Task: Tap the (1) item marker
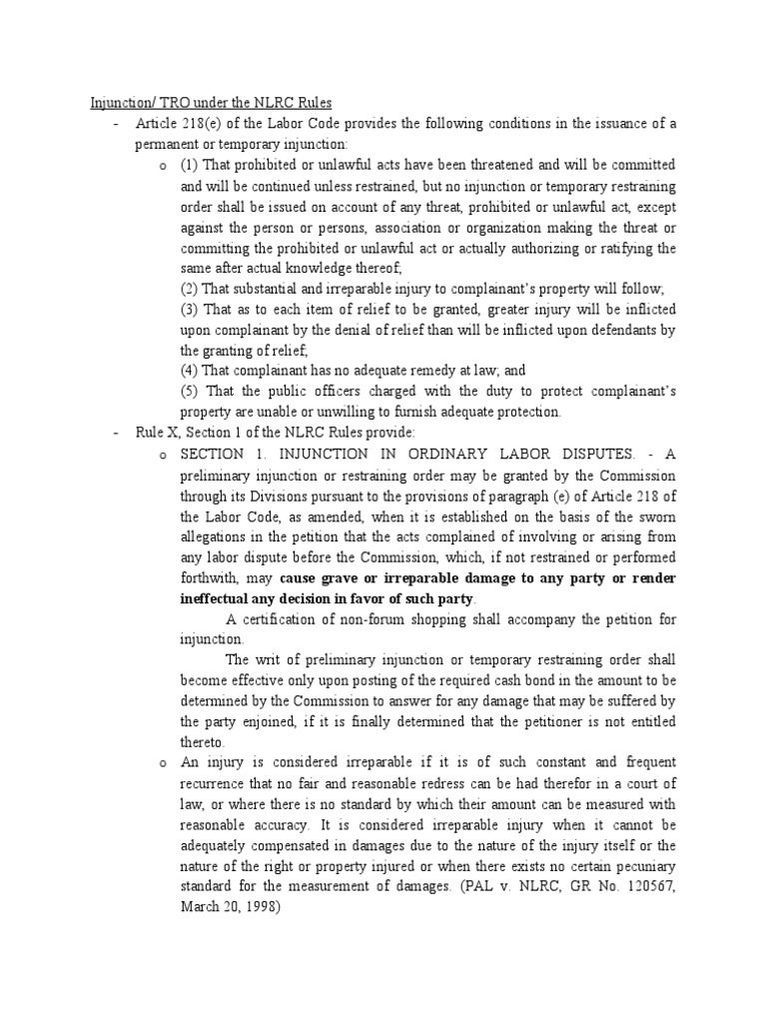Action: coord(189,165)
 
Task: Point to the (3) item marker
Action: coord(189,310)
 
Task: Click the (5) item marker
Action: coord(189,392)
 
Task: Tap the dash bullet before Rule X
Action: coord(117,433)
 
